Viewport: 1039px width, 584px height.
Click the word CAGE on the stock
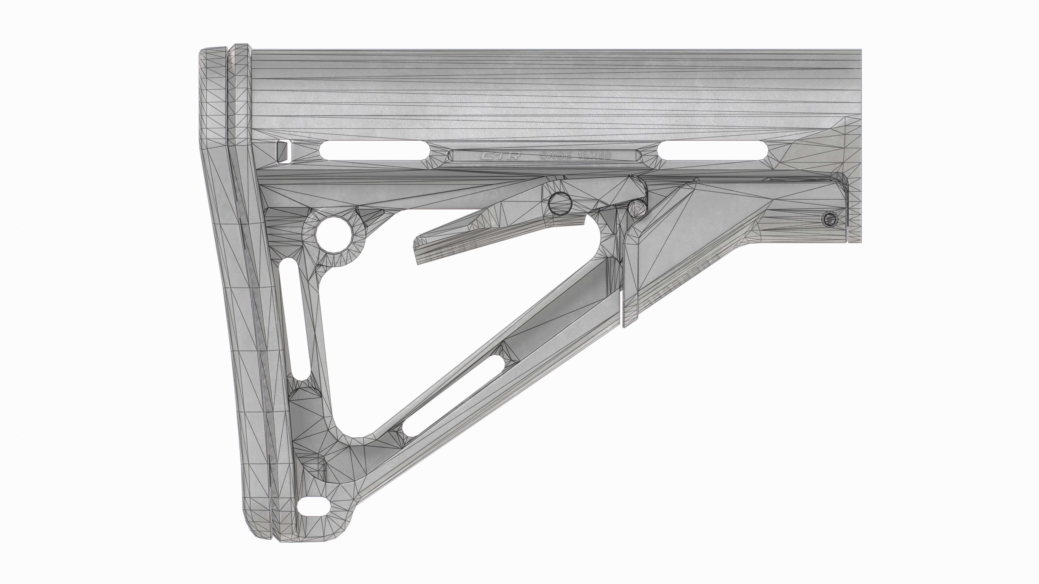(x=555, y=155)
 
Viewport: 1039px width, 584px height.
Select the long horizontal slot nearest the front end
(x=712, y=150)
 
